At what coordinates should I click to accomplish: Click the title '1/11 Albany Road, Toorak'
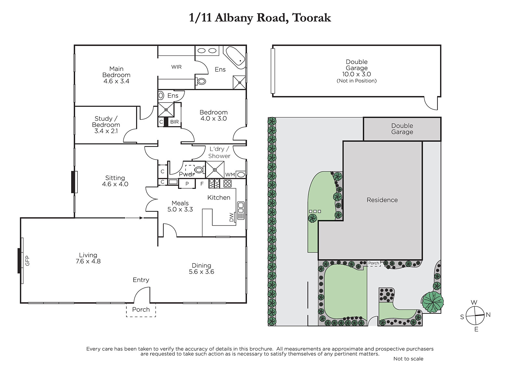tap(260, 18)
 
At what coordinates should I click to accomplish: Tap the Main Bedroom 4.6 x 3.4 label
tap(116, 75)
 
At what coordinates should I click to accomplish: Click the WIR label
tap(176, 67)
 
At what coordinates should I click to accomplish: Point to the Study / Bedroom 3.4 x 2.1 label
tap(106, 125)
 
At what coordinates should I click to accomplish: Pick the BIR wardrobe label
tap(174, 122)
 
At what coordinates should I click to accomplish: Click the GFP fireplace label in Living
tap(27, 261)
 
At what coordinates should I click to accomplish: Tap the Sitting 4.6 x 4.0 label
tap(115, 181)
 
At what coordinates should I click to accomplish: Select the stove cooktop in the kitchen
tap(227, 184)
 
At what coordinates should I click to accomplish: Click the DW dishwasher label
tap(231, 217)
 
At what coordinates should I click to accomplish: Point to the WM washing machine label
tap(230, 175)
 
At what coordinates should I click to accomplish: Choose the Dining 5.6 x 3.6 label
tap(201, 268)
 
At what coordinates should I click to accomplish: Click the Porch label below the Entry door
tap(141, 310)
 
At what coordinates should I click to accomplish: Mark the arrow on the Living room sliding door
tap(135, 218)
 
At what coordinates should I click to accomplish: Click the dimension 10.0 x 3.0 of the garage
tap(357, 74)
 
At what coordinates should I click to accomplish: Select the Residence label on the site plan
tap(382, 200)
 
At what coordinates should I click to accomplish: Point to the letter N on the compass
tap(488, 315)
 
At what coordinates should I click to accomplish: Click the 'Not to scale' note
tap(408, 359)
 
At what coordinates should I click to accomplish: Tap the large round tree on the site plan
tap(433, 302)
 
